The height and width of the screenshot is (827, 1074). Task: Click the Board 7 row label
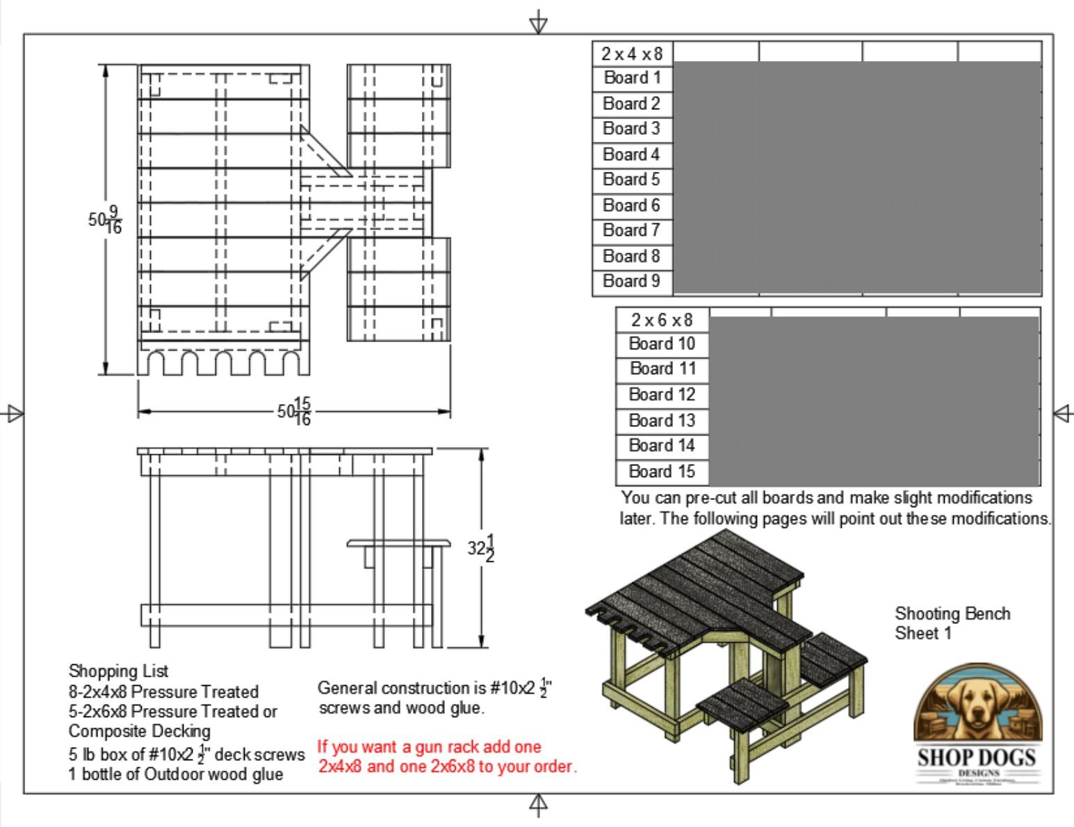(631, 231)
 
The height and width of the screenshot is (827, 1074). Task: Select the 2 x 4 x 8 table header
(632, 54)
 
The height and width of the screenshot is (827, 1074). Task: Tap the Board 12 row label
(662, 395)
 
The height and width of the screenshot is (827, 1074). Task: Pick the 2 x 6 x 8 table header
(662, 320)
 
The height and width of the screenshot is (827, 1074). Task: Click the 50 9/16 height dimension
(105, 220)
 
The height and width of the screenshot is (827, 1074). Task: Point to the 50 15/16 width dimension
(294, 412)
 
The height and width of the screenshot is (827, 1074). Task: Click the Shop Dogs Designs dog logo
(977, 723)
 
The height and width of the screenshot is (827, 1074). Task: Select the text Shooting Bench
(952, 613)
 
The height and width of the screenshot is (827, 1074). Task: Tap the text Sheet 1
(922, 633)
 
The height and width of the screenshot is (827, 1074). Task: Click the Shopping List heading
(118, 671)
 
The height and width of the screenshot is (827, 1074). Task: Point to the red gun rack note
(447, 757)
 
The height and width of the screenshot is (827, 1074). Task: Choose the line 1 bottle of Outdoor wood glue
(175, 774)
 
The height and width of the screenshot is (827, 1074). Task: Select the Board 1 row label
(632, 78)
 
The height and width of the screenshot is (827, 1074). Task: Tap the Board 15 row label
(662, 472)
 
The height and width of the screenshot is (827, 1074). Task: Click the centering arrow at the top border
(538, 22)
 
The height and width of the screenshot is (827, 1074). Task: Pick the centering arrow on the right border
(1063, 414)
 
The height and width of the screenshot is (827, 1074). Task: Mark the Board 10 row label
(662, 344)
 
